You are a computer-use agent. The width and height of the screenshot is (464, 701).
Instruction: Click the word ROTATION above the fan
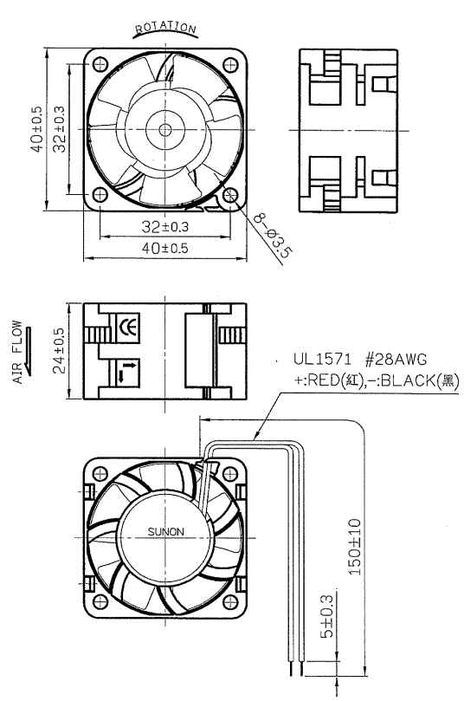[165, 28]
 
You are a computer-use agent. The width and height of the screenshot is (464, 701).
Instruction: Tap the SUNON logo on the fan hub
[165, 531]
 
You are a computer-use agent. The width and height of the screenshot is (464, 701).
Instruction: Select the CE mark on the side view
[128, 328]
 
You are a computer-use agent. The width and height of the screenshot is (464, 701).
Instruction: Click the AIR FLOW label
[17, 352]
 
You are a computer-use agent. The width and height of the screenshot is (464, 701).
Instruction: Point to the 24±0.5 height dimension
[59, 351]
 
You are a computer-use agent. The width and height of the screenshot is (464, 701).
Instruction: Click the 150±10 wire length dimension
[355, 547]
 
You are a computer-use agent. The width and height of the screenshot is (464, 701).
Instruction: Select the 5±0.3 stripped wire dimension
[327, 616]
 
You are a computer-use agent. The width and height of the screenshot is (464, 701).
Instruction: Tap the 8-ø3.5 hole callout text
[273, 236]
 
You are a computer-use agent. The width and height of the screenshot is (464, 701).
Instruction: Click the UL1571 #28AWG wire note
[360, 359]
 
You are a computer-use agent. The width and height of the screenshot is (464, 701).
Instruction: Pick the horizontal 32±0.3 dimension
[165, 227]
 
